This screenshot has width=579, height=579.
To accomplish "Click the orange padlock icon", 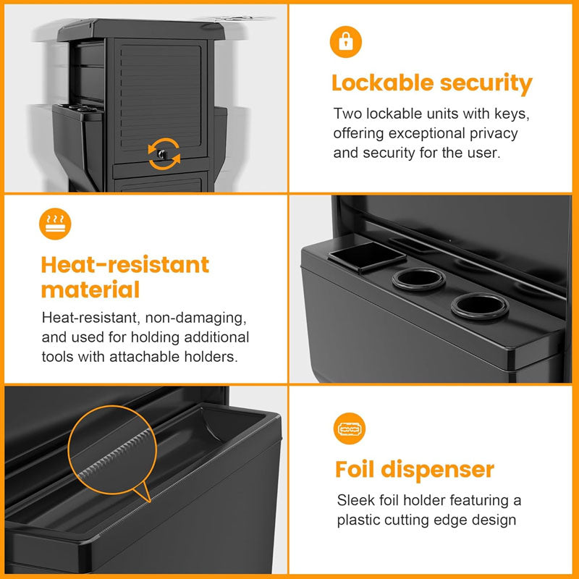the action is click(346, 42).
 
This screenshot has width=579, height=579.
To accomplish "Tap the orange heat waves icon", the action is click(55, 224).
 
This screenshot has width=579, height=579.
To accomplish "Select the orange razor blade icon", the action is click(350, 428).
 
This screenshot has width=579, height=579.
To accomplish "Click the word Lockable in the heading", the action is click(383, 83).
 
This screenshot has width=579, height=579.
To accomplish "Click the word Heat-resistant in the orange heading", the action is click(125, 264).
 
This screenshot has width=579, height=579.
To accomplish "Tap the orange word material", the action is click(90, 289).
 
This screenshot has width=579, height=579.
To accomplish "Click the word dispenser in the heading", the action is click(438, 470).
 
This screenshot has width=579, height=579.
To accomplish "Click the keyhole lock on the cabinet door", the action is click(161, 154).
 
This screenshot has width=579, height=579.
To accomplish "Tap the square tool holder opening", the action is click(367, 256).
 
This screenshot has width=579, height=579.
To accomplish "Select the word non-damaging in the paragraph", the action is click(195, 318).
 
